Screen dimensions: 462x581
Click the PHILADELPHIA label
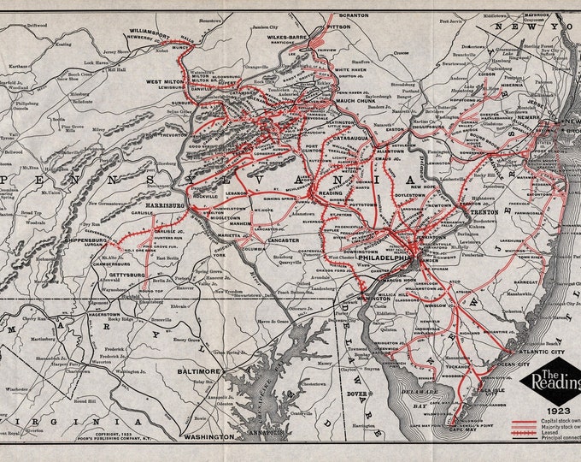point(391,256)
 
